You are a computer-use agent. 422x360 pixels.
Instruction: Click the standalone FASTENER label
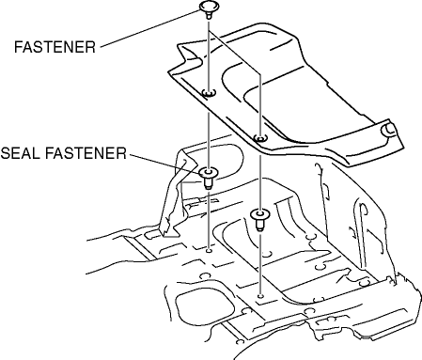pyautogui.click(x=55, y=47)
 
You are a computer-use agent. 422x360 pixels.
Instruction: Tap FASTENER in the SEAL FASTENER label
pyautogui.click(x=86, y=153)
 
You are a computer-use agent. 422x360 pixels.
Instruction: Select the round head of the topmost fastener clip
pyautogui.click(x=209, y=7)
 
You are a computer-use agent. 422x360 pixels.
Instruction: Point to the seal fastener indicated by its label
pyautogui.click(x=209, y=178)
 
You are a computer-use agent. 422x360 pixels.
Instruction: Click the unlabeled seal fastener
pyautogui.click(x=260, y=219)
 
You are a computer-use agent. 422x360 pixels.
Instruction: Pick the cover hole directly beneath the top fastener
pyautogui.click(x=209, y=93)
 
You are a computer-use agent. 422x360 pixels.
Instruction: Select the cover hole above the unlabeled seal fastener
pyautogui.click(x=259, y=137)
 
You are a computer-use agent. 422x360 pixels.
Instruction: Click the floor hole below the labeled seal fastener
pyautogui.click(x=209, y=251)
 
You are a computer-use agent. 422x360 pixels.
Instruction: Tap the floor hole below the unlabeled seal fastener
pyautogui.click(x=260, y=296)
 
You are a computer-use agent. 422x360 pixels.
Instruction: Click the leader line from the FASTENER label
pyautogui.click(x=150, y=29)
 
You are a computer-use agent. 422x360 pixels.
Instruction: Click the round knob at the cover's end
pyautogui.click(x=388, y=130)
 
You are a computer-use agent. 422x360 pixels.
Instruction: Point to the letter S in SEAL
pyautogui.click(x=6, y=153)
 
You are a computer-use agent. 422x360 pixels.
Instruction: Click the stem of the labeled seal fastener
pyautogui.click(x=209, y=183)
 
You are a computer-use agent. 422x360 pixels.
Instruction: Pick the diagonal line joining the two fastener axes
pyautogui.click(x=235, y=53)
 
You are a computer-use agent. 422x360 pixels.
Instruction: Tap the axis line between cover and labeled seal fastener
pyautogui.click(x=209, y=139)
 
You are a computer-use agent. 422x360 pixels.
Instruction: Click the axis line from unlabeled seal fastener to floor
pyautogui.click(x=260, y=262)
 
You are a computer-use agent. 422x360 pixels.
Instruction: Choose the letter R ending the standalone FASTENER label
pyautogui.click(x=90, y=47)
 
